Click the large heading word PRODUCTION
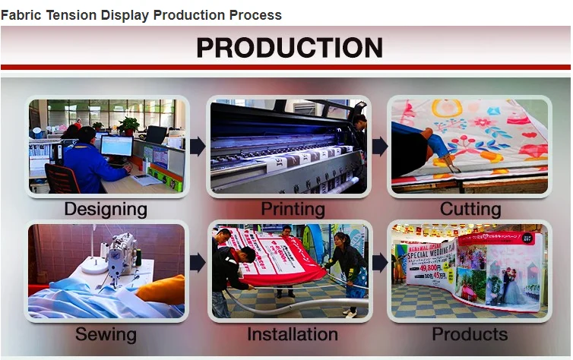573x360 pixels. click(289, 48)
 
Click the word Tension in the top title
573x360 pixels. click(71, 15)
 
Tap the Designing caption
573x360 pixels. click(106, 209)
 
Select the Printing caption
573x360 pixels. click(293, 209)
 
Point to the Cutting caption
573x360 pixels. click(471, 209)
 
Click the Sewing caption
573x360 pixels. click(106, 334)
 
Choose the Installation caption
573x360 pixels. click(293, 334)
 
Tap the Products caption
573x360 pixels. click(470, 334)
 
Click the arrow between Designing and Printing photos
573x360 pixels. click(198, 147)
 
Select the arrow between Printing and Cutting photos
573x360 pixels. click(380, 147)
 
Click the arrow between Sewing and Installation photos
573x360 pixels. click(198, 264)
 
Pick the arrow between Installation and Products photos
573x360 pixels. click(380, 264)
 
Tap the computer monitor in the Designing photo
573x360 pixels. click(116, 146)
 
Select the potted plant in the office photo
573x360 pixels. click(128, 125)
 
